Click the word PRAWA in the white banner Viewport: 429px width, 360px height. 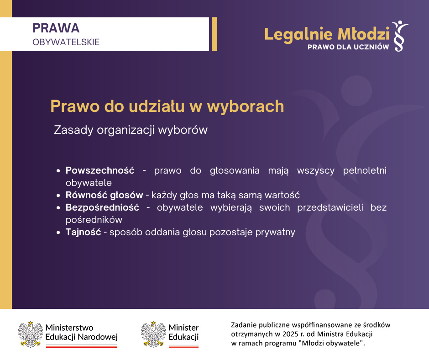[56, 28]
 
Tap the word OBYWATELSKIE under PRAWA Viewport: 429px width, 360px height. [66, 42]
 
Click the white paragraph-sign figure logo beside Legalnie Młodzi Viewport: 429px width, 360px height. [400, 36]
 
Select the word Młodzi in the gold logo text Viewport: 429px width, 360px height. [363, 34]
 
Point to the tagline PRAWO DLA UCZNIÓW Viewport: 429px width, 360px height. [348, 47]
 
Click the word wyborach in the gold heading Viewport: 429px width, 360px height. [246, 106]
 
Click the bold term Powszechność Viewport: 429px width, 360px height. [100, 170]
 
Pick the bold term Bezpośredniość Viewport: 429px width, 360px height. [102, 207]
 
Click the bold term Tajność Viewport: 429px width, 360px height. [83, 232]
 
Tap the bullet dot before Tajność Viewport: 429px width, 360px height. [58, 233]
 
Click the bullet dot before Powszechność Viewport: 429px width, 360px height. [58, 171]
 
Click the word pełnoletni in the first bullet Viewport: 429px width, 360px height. [365, 170]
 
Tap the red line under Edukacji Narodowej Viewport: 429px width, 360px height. [82, 347]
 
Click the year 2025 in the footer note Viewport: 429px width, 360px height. [290, 334]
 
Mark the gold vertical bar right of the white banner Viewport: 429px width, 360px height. [214, 34]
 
